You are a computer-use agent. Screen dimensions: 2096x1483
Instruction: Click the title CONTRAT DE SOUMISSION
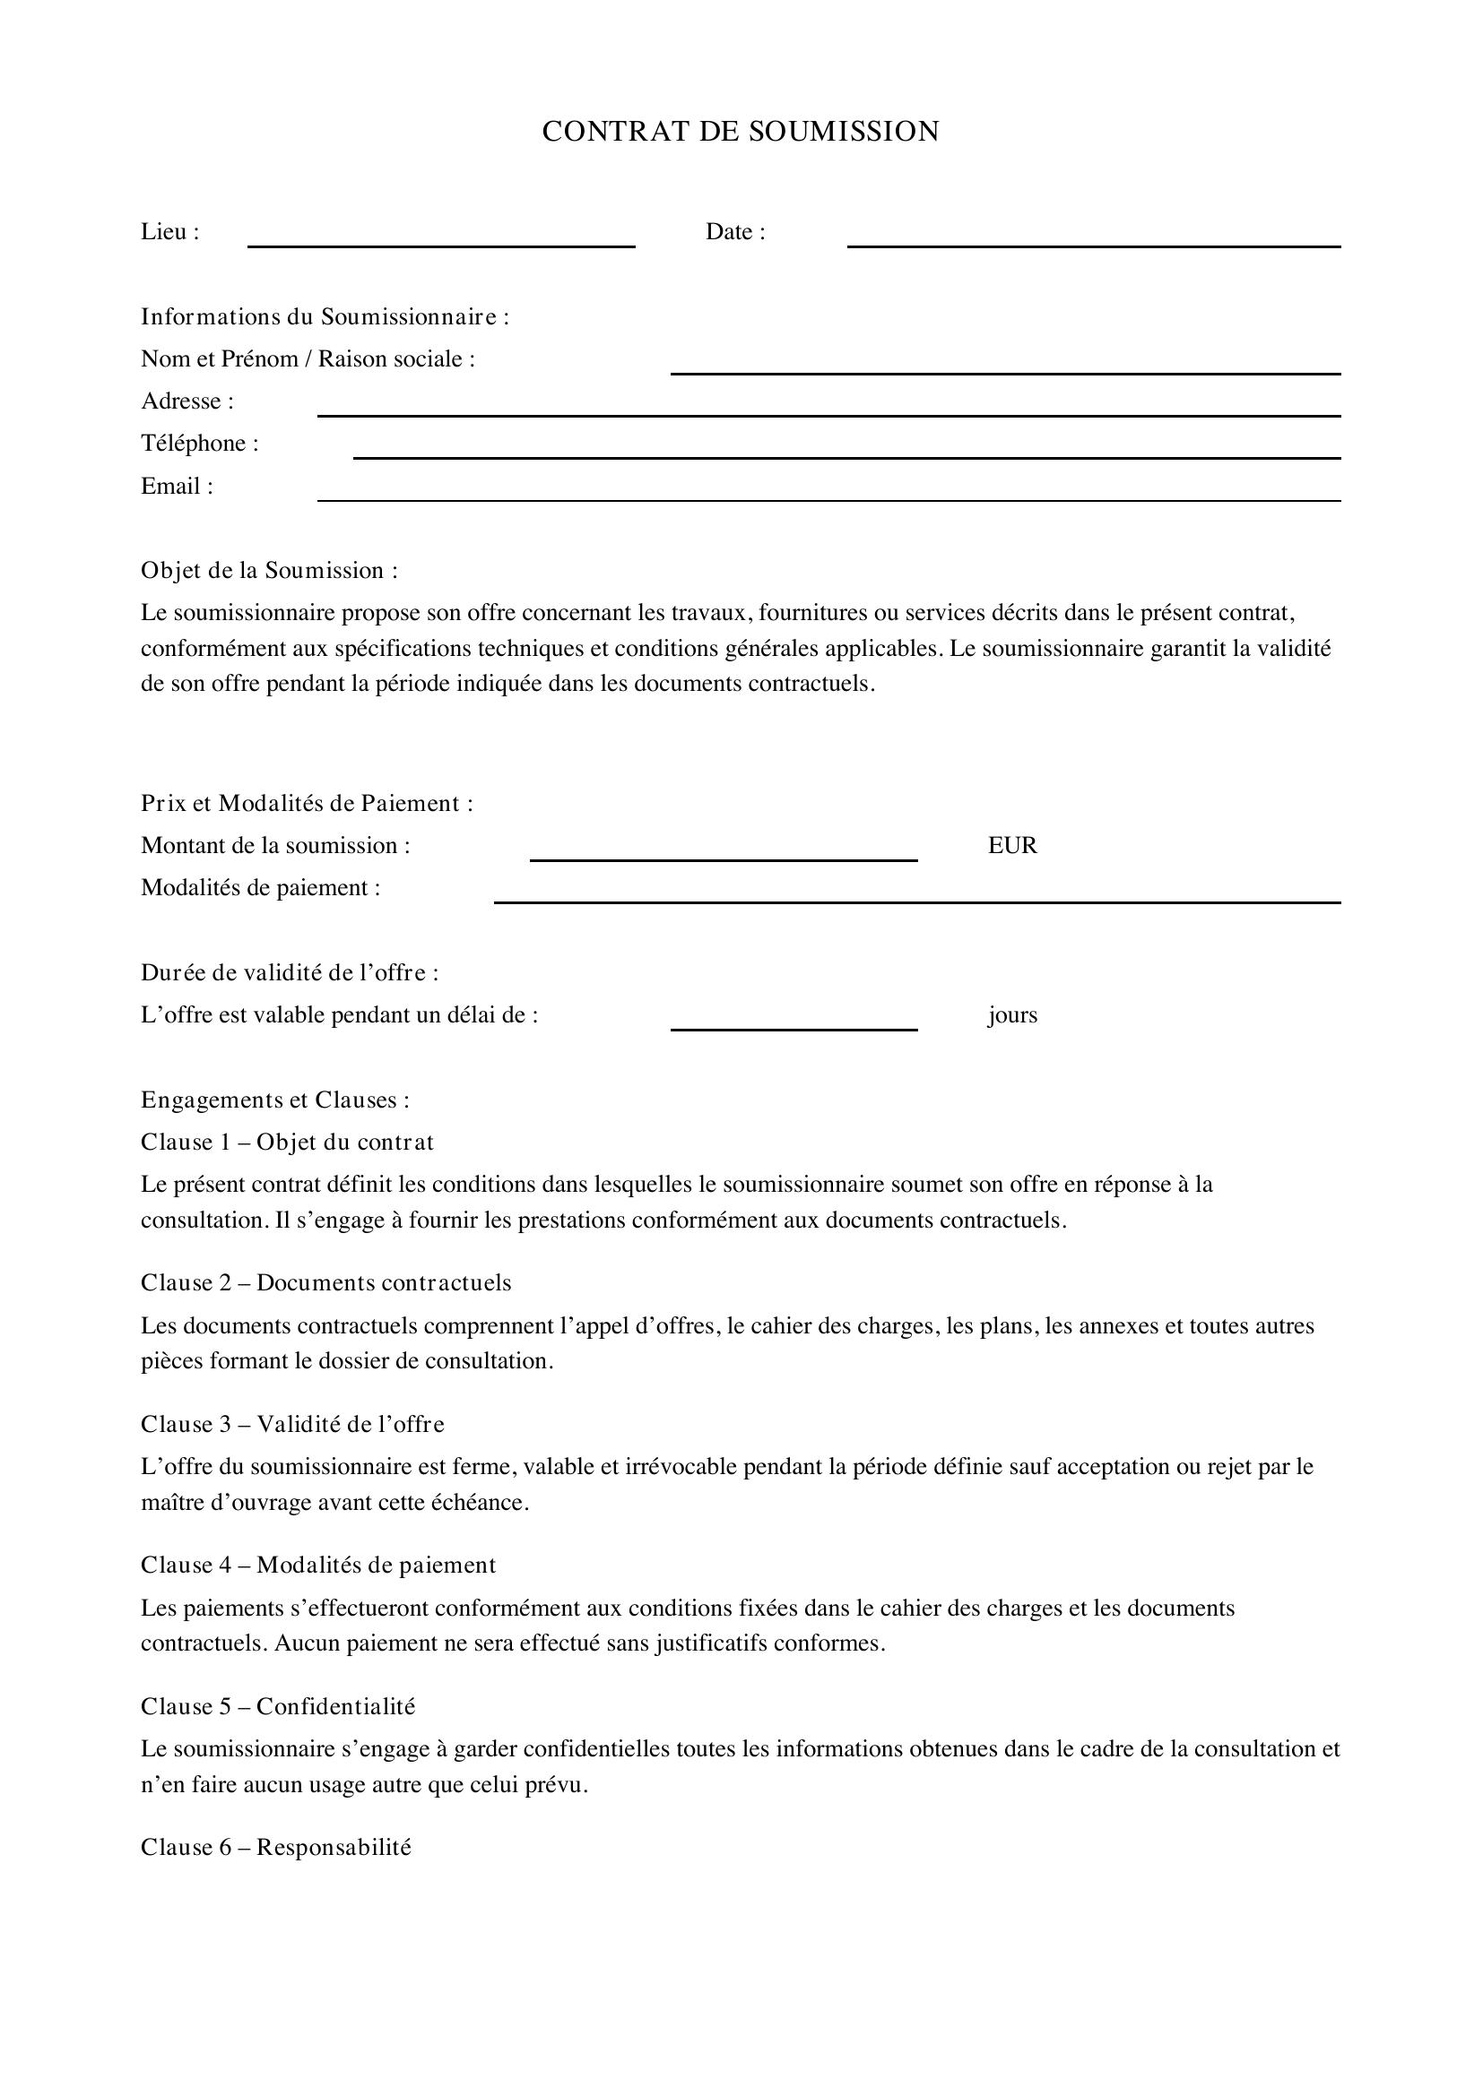[741, 132]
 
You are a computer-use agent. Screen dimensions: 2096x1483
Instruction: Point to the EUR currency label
[1011, 845]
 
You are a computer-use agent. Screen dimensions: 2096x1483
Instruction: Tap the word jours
[1011, 1015]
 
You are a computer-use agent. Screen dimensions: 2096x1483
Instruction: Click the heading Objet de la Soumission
[269, 571]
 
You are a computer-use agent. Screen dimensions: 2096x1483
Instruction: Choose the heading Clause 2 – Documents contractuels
[326, 1282]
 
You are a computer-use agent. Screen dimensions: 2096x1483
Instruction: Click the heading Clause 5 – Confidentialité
[278, 1706]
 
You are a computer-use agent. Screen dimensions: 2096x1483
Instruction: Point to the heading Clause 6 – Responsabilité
[276, 1847]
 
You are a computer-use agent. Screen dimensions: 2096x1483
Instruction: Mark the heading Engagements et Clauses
[275, 1100]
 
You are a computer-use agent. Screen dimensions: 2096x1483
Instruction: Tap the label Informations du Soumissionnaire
[325, 316]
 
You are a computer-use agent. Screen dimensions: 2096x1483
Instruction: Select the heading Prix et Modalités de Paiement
[307, 803]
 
